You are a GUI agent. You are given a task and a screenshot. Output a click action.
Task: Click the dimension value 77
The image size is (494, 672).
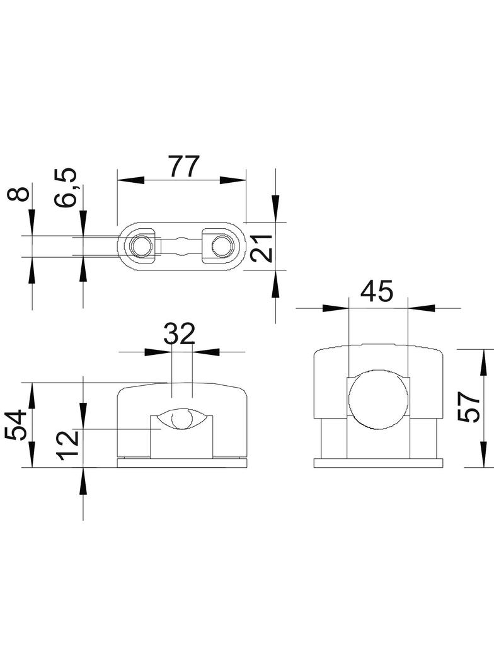[183, 165]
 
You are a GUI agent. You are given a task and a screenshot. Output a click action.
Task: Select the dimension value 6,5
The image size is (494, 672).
[66, 187]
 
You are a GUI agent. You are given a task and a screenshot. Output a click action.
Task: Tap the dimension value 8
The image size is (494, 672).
[19, 193]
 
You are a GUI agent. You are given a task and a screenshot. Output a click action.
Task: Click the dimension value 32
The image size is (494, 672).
[180, 333]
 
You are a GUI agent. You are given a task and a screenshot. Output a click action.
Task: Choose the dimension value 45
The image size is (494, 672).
[377, 291]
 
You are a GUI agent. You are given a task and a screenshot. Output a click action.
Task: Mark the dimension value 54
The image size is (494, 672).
[17, 425]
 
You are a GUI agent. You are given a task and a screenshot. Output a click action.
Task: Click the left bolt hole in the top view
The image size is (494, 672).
[141, 246]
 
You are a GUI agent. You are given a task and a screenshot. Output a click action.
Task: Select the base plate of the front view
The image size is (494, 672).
[183, 462]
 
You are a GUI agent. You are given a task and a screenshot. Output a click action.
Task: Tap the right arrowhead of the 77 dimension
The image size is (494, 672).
[233, 180]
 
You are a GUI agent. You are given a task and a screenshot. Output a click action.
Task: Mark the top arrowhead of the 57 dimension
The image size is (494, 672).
[483, 362]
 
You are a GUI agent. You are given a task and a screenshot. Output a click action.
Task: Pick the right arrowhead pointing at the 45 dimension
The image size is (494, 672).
[422, 308]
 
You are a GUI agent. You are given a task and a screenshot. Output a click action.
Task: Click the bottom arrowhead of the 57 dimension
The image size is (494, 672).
[483, 454]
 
